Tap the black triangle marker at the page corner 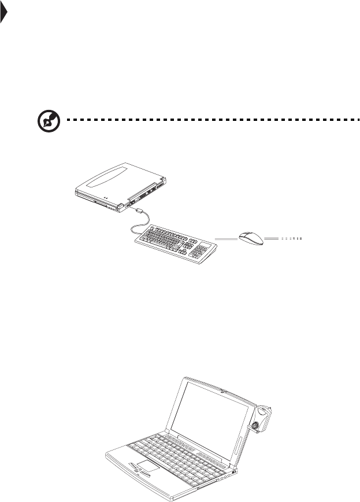3,14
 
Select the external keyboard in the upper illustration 177,243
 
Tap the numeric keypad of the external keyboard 202,249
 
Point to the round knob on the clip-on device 254,427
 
